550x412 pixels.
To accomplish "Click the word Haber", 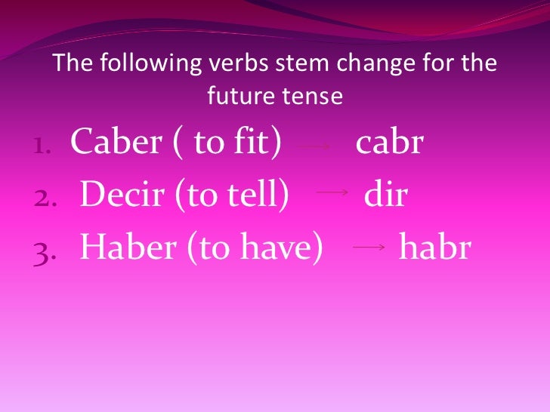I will [123, 247].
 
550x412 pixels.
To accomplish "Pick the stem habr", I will [434, 247].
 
